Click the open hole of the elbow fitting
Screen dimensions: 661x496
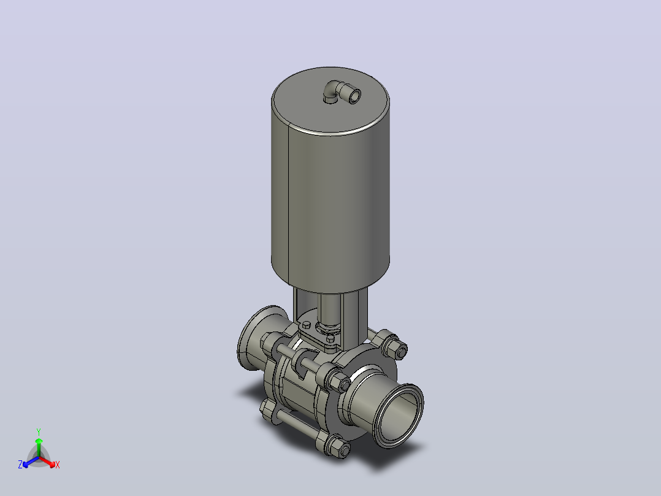(354, 96)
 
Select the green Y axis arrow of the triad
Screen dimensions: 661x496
(39, 448)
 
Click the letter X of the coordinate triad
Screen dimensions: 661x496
(58, 465)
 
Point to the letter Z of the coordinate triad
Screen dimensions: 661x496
(20, 465)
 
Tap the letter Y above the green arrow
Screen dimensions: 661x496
(39, 432)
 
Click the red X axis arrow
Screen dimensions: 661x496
(47, 462)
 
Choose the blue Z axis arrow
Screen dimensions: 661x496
(31, 462)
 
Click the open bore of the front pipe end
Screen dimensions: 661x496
(401, 416)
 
